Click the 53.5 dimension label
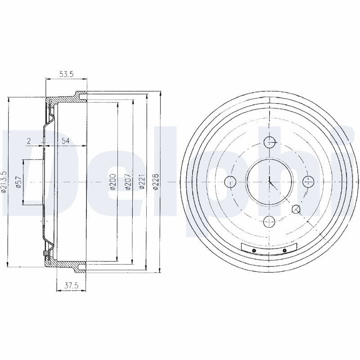click(66, 74)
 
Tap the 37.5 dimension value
click(72, 286)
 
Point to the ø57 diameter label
click(18, 182)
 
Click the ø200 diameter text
click(113, 182)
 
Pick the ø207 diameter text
click(128, 182)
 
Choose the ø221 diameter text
click(142, 182)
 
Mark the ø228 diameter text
click(156, 182)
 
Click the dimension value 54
click(65, 141)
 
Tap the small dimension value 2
click(29, 141)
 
